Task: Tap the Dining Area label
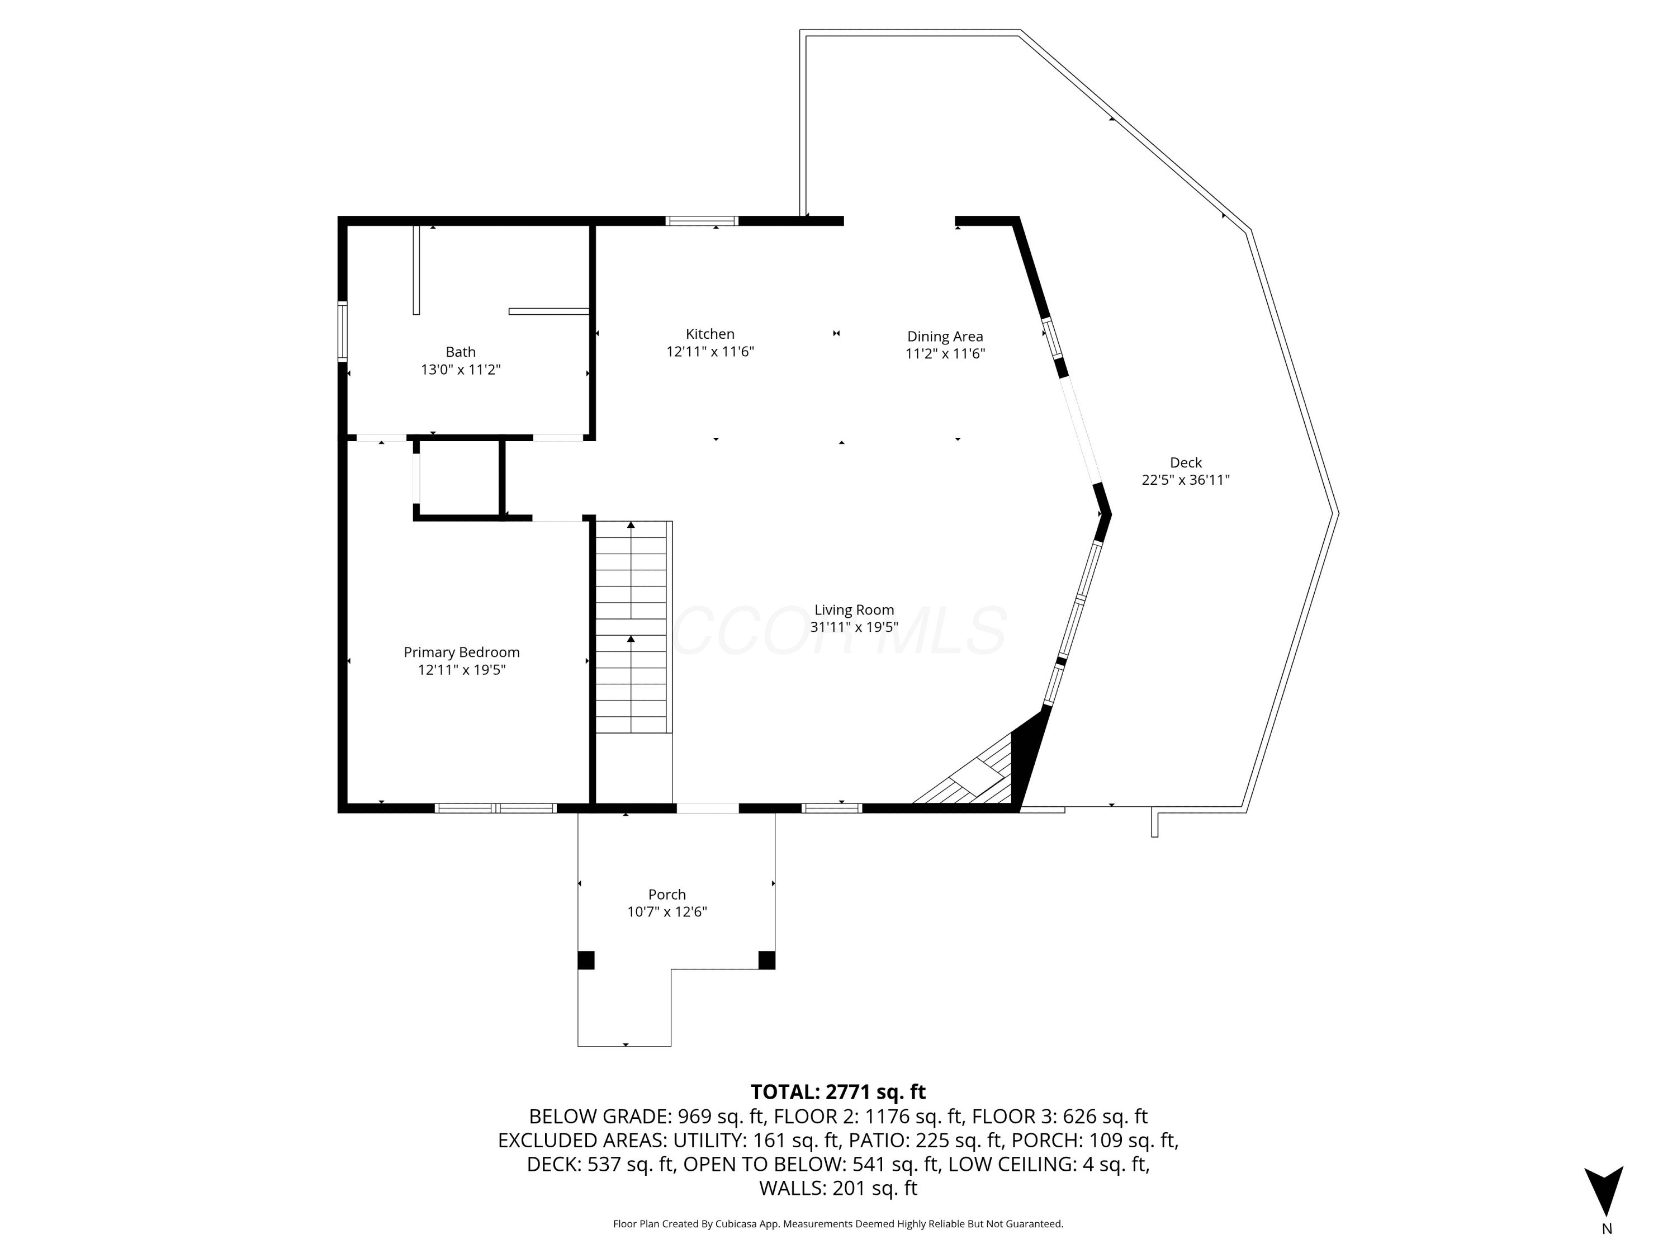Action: click(945, 336)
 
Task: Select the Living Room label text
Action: click(854, 609)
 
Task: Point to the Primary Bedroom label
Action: click(461, 652)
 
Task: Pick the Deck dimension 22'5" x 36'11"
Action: click(1185, 480)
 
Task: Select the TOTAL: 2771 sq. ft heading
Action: click(838, 1092)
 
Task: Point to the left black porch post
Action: click(585, 960)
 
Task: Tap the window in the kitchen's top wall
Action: click(702, 221)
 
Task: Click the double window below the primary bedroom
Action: click(496, 808)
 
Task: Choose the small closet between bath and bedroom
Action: click(459, 477)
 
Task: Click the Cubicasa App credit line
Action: click(838, 1224)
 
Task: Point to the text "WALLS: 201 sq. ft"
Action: click(838, 1188)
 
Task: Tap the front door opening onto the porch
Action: click(707, 808)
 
